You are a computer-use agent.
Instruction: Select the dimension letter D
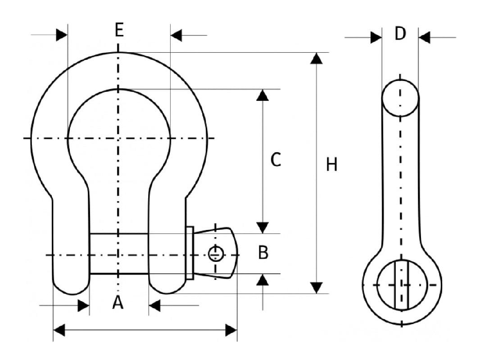pos(400,34)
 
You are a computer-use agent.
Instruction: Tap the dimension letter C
pos(276,160)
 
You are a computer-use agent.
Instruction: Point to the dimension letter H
pos(332,165)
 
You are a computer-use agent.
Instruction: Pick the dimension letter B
pos(263,253)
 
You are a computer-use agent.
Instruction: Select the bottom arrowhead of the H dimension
pos(317,287)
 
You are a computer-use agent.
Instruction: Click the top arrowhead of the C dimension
pos(263,95)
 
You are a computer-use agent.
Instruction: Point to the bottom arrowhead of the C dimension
pos(263,227)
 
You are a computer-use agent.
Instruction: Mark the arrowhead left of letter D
pos(376,37)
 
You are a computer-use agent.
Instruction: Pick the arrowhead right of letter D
pos(424,37)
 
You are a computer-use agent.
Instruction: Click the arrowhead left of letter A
pos(83,306)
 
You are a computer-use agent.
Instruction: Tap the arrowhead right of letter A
pos(154,306)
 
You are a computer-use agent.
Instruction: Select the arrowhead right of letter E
pos(177,35)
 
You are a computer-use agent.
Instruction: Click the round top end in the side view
pos(400,98)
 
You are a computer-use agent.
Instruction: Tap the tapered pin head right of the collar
pos(216,253)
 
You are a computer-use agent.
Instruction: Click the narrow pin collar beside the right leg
pos(190,253)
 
